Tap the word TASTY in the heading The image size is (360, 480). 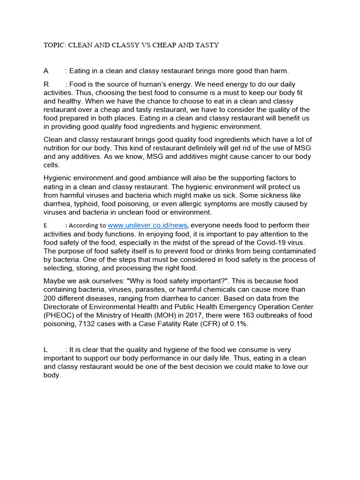207,45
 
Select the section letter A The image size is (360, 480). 46,71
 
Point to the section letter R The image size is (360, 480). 46,84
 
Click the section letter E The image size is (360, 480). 45,225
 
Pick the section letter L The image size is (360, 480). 45,350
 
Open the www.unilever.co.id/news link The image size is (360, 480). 148,225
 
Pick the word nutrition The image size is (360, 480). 58,148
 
